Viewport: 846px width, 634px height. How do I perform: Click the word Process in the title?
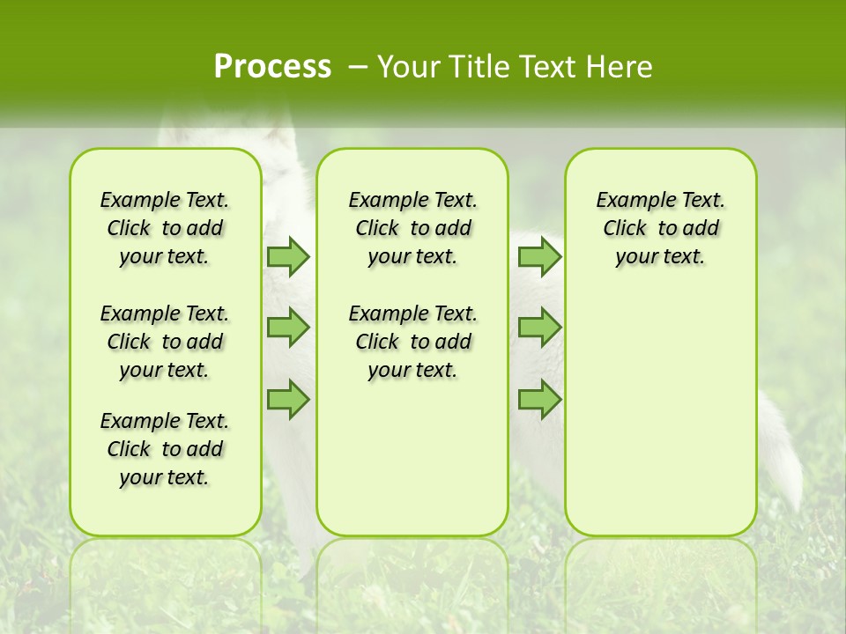[x=272, y=67]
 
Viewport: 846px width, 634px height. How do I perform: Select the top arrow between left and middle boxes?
[x=288, y=256]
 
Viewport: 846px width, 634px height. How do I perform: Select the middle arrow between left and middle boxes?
[x=288, y=328]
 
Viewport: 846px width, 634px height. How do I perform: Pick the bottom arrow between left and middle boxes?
[x=288, y=400]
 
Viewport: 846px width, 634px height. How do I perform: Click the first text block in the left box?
[x=165, y=228]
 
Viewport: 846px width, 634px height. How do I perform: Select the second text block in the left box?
[x=165, y=342]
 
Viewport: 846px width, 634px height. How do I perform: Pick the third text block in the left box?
[x=165, y=449]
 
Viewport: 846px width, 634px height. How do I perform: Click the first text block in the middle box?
[x=412, y=228]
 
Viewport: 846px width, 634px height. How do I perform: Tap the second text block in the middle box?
[x=412, y=342]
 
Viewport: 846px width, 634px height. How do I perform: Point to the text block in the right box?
[x=660, y=228]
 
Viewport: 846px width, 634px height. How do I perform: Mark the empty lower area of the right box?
[x=660, y=414]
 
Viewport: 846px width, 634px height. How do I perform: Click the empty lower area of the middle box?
[x=412, y=458]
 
